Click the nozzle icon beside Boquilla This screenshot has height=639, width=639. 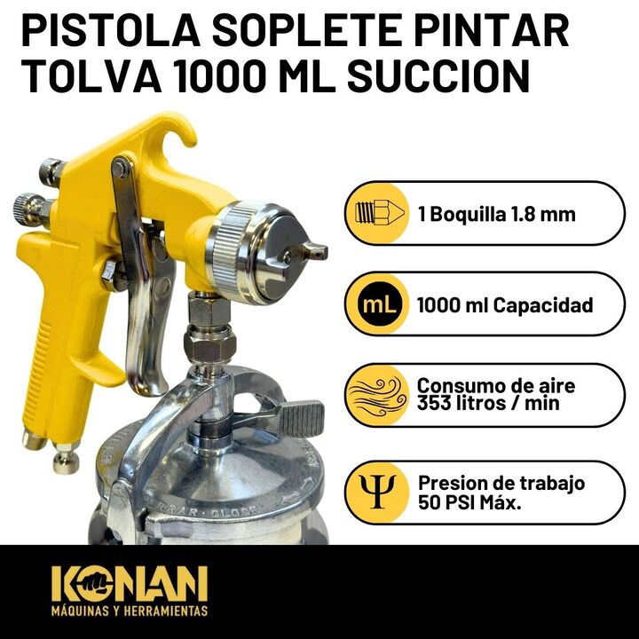point(380,212)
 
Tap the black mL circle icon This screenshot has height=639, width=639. point(378,304)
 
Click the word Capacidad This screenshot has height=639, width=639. point(544,305)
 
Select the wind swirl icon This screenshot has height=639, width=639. point(377,395)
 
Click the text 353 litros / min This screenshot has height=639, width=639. point(487,403)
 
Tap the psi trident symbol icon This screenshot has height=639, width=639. point(377,491)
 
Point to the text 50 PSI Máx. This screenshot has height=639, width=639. point(469,502)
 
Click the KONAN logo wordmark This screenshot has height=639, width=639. point(130,583)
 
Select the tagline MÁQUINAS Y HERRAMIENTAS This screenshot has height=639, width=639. point(130,611)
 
